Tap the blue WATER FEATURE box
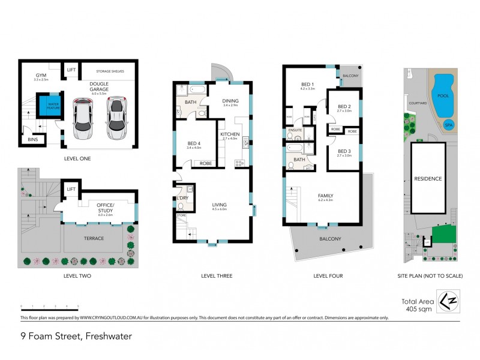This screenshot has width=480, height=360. pyautogui.click(x=46, y=106)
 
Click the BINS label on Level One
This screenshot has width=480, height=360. pyautogui.click(x=32, y=140)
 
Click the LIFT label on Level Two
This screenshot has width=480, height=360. pyautogui.click(x=71, y=189)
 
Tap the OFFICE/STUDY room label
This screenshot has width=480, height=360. pyautogui.click(x=105, y=207)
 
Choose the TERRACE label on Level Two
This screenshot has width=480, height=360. pyautogui.click(x=94, y=238)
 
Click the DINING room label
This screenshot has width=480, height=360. pyautogui.click(x=230, y=101)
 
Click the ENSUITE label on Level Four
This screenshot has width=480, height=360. pyautogui.click(x=295, y=129)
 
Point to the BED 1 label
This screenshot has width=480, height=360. pyautogui.click(x=307, y=85)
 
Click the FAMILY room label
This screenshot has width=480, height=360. pyautogui.click(x=325, y=196)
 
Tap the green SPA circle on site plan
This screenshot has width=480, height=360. pyautogui.click(x=448, y=125)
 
